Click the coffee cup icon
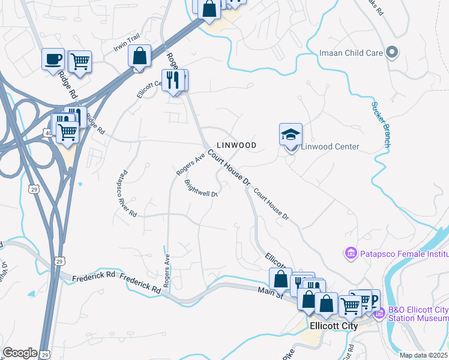[53, 59]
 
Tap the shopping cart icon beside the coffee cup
[79, 60]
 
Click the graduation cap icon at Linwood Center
[291, 134]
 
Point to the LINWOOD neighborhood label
[237, 145]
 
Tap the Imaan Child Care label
[351, 53]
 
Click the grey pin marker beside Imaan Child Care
[393, 53]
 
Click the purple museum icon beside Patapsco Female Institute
[351, 254]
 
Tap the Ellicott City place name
[333, 326]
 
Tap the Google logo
[20, 352]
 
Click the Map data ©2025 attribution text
[424, 355]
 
